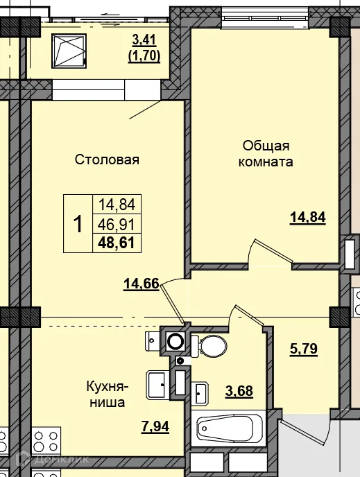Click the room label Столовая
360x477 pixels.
point(108,160)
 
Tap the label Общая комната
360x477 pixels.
point(266,154)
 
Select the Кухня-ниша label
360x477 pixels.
point(106,393)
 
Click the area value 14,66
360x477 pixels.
point(142,283)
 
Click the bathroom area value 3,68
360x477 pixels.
point(238,390)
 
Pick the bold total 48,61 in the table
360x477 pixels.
point(117,243)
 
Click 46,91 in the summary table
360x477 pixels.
point(117,223)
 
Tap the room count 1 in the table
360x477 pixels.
point(78,224)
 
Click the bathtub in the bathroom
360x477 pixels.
point(230,428)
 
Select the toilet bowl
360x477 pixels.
point(210,344)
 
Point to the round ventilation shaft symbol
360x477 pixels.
point(175,341)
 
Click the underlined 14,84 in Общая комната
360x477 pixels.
point(307,217)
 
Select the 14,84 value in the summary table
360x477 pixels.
point(117,205)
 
